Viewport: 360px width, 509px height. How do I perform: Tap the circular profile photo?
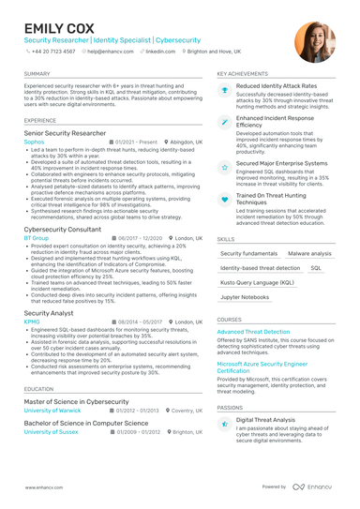click(314, 42)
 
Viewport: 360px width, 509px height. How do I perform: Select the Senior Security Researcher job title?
click(65, 133)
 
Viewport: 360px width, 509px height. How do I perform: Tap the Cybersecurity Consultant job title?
click(64, 230)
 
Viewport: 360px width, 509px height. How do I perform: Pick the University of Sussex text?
click(51, 432)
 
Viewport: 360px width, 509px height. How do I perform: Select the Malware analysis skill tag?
click(309, 253)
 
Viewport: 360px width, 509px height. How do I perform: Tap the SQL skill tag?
click(315, 267)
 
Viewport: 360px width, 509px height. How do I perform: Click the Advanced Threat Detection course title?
click(253, 332)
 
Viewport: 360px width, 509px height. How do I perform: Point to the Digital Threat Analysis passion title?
click(265, 420)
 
